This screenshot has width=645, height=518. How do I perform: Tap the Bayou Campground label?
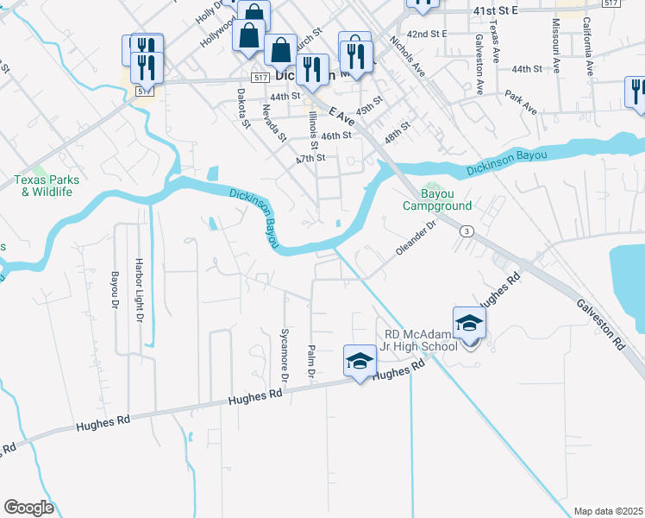click(437, 200)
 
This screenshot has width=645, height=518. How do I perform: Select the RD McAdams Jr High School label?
click(420, 340)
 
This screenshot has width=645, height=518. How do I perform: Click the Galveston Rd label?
click(601, 323)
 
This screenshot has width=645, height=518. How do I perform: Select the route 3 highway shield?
click(467, 231)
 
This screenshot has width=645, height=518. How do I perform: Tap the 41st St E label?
click(494, 9)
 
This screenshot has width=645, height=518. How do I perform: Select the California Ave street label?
click(586, 46)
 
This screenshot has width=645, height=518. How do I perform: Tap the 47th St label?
click(310, 158)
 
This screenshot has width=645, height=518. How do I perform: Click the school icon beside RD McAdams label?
click(470, 324)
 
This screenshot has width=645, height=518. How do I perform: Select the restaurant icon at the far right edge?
click(636, 92)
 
